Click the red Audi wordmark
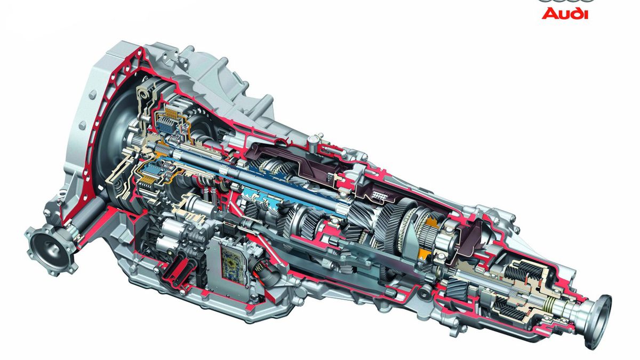pyautogui.click(x=565, y=13)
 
